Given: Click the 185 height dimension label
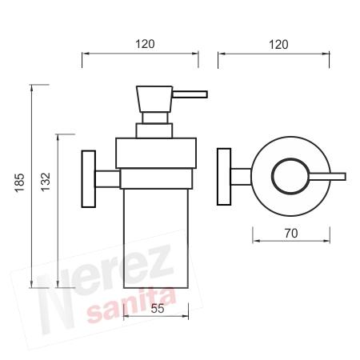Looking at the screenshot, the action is [x=19, y=182].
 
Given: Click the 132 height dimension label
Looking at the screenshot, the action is [x=46, y=182].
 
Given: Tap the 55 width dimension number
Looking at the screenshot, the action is [x=158, y=309].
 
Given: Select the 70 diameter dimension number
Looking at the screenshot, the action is [x=291, y=234].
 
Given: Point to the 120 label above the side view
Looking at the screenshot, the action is [x=145, y=44].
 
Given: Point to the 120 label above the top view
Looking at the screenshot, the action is [x=278, y=45].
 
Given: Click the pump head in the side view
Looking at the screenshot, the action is [x=154, y=98].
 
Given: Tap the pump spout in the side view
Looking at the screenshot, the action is [x=190, y=94].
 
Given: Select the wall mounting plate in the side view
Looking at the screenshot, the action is [x=89, y=179].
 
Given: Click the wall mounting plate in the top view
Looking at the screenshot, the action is [x=224, y=177].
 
